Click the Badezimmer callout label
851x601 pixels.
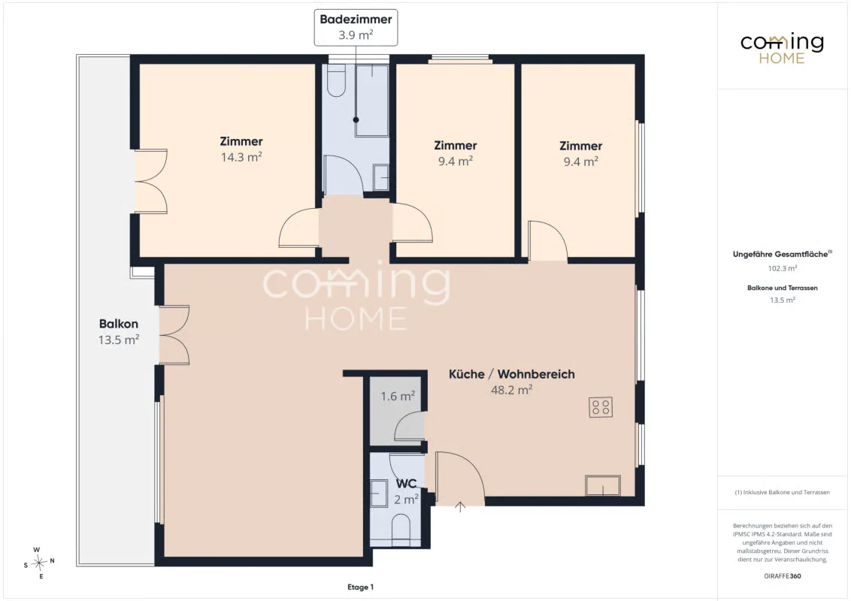[356, 27]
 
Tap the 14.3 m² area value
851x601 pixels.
[241, 157]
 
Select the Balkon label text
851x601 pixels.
[118, 324]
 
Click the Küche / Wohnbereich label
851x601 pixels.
[512, 373]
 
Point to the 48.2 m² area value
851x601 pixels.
[512, 389]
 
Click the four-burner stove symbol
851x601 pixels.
[601, 407]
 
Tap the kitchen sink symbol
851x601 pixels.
[602, 485]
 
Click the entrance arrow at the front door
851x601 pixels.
[460, 507]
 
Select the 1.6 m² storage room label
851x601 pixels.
[398, 397]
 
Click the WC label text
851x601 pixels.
[407, 483]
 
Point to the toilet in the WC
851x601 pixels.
[401, 530]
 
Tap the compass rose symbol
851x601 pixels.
[39, 563]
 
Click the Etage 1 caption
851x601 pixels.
[360, 587]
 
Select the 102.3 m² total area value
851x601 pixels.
[783, 268]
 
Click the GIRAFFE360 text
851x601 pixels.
[783, 576]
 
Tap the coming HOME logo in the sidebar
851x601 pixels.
[782, 48]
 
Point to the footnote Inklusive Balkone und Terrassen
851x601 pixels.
[783, 493]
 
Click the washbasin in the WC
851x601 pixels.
[379, 494]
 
